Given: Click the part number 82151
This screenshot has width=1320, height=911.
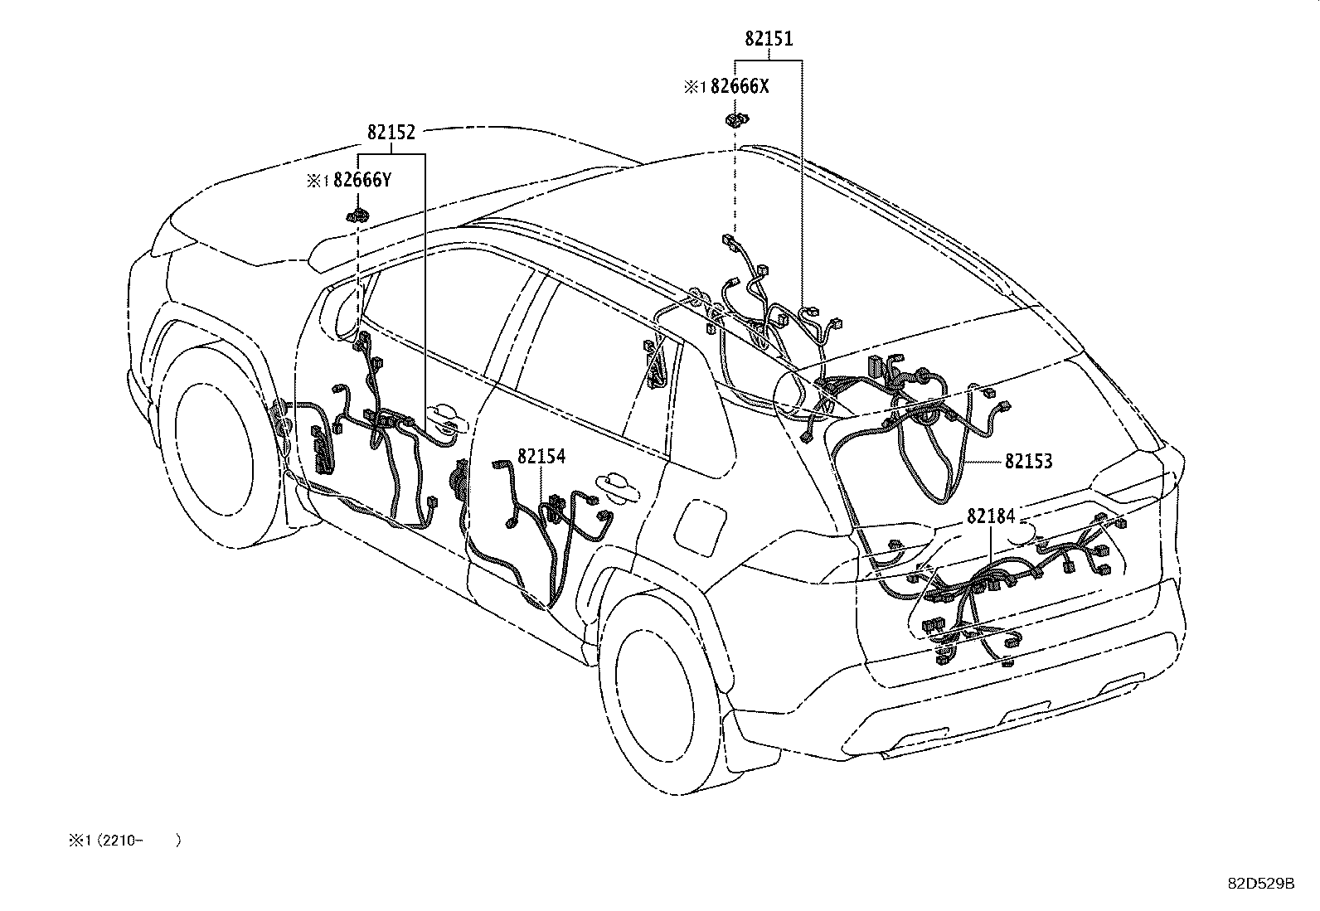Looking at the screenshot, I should pos(769,39).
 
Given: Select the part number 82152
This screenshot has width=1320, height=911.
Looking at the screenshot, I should pos(391,133).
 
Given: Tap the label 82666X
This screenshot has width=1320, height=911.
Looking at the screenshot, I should pos(740,86).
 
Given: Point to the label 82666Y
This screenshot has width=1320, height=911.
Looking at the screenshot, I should pos(362,180).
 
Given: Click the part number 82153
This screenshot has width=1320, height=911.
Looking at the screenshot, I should pos(1028,461).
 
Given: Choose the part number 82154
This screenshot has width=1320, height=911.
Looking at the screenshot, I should pos(541,457).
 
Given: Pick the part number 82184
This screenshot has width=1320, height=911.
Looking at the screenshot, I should pos(991,516).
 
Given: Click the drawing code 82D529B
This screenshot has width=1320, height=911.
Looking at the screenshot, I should pos(1260,884).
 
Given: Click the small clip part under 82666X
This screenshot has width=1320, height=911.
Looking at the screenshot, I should pos(735,119).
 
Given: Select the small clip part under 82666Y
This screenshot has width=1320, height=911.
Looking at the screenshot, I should pos(357,217).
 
